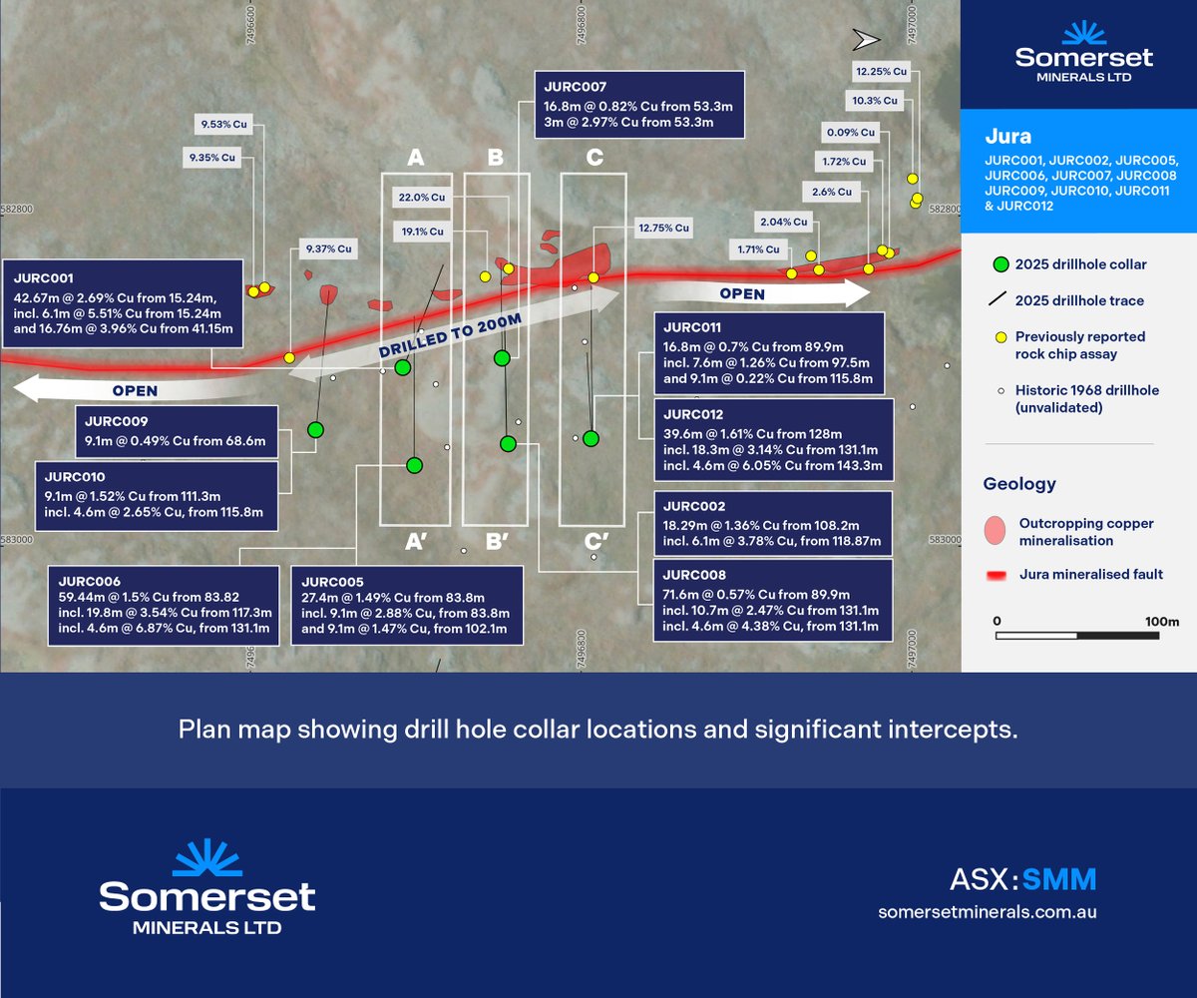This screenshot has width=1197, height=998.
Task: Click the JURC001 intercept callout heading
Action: (43, 278)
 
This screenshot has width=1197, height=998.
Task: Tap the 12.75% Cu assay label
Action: (662, 228)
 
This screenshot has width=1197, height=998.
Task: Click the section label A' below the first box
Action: (416, 543)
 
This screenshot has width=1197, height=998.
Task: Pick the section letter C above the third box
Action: (594, 157)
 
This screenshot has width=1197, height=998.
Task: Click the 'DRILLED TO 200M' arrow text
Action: (451, 335)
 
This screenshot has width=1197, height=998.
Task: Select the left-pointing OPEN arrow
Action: (110, 389)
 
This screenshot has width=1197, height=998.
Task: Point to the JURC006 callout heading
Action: (89, 581)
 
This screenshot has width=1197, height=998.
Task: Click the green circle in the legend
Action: (1000, 264)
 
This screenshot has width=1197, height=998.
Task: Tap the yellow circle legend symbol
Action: (1000, 337)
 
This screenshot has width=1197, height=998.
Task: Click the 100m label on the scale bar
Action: (1161, 621)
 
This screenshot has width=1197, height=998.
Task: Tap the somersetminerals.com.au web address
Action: (988, 912)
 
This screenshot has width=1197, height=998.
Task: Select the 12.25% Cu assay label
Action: (882, 71)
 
